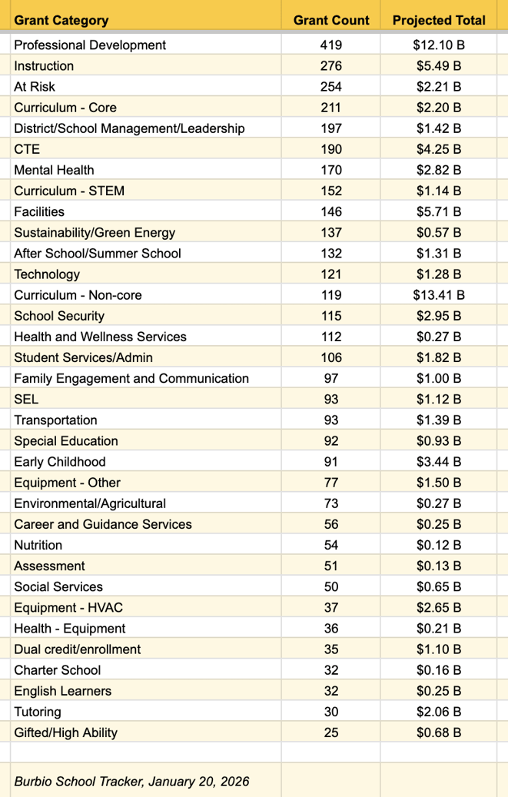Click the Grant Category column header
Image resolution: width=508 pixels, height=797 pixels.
click(x=61, y=21)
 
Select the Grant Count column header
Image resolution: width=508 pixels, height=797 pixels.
click(x=331, y=21)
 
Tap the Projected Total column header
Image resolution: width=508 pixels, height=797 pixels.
click(x=439, y=21)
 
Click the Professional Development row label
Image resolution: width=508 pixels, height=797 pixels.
click(x=90, y=45)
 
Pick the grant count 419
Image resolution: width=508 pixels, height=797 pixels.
click(x=331, y=45)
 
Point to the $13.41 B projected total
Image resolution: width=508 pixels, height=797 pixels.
click(x=439, y=295)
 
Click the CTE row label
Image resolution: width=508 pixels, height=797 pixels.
click(x=27, y=149)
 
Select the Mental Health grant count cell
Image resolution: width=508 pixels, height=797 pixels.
click(x=331, y=170)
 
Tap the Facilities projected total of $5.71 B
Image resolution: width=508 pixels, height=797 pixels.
click(x=439, y=211)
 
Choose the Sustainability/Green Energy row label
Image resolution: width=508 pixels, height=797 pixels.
click(x=95, y=232)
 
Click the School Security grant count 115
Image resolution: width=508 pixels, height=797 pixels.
click(x=331, y=316)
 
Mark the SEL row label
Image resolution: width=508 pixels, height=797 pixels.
click(x=26, y=399)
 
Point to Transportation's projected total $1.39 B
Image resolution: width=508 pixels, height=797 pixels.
click(x=439, y=420)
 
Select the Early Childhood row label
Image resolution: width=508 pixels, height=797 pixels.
click(x=60, y=462)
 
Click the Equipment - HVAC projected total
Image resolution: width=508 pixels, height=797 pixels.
click(x=439, y=607)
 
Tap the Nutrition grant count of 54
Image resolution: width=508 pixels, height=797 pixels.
click(x=331, y=545)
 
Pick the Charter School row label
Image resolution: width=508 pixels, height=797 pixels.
click(x=58, y=670)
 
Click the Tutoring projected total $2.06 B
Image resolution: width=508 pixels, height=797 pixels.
click(x=439, y=712)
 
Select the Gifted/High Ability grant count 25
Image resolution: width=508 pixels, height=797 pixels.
click(x=331, y=732)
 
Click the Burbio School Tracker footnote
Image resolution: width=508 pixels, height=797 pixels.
click(x=131, y=782)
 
